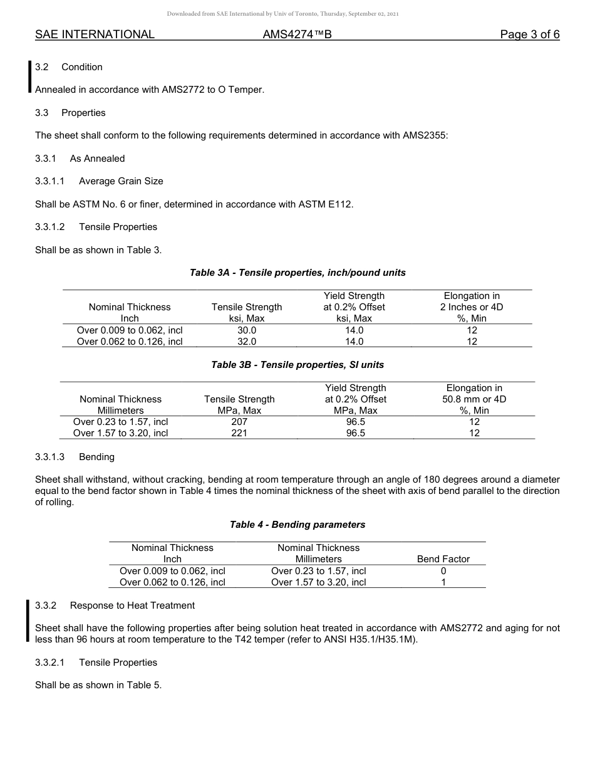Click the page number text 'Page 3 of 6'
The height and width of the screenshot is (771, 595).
pos(529,34)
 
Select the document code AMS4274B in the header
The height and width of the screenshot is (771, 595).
pos(297,34)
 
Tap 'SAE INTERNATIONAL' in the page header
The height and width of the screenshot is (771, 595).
pos(95,34)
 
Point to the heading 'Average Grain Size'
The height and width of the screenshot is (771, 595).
pos(121,181)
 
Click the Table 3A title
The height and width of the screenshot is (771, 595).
pos(297,273)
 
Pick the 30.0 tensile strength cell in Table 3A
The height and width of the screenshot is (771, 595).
pos(247,330)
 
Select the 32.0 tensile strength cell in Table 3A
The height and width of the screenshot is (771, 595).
pos(247,342)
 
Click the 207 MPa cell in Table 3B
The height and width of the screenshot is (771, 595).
pos(239,422)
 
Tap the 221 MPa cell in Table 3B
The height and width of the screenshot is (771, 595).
pos(239,433)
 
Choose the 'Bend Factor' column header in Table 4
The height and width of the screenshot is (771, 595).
pos(443,559)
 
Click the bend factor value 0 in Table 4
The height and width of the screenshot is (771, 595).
pos(443,571)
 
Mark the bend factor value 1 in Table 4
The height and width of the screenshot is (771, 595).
pos(443,582)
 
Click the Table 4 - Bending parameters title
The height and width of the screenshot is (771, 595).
pos(297,525)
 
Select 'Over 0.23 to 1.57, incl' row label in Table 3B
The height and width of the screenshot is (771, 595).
pos(120,422)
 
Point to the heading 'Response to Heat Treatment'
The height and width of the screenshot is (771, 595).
pos(132,606)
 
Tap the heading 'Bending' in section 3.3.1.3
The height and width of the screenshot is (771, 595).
pos(96,456)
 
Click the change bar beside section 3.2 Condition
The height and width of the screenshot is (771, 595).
pos(29,77)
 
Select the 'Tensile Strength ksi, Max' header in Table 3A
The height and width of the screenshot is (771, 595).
pos(247,313)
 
